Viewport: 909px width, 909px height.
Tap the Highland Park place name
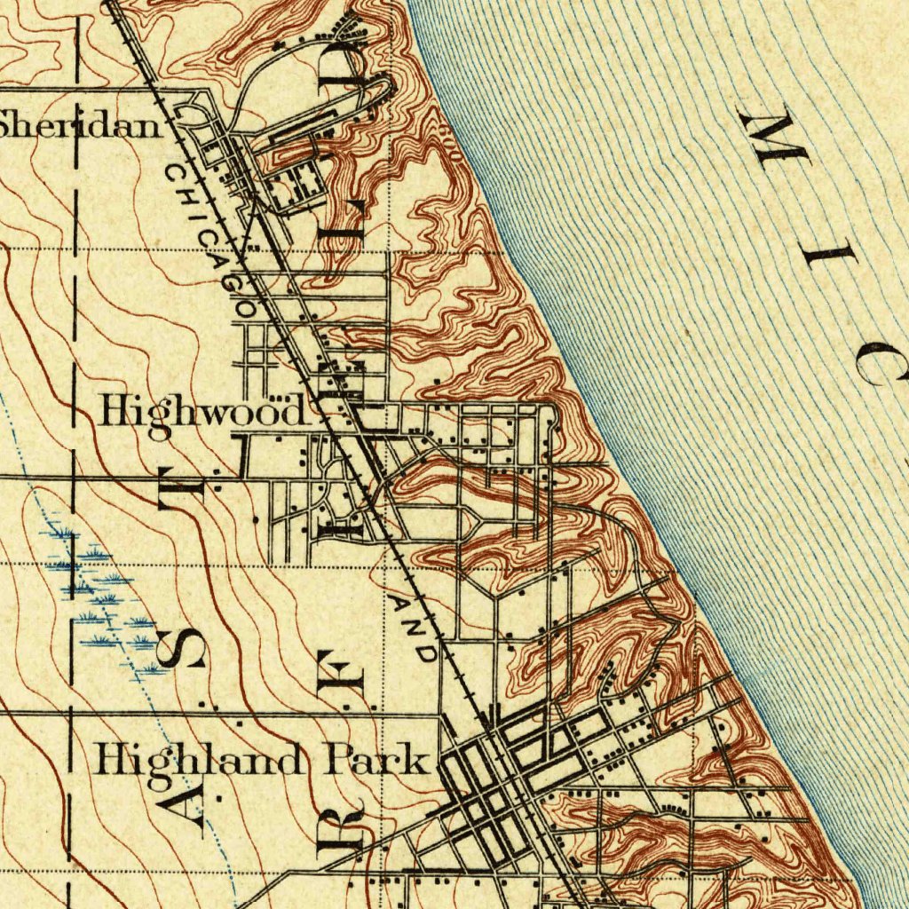(263, 762)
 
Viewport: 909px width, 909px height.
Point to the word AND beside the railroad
(414, 628)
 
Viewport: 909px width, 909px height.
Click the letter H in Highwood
(114, 410)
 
